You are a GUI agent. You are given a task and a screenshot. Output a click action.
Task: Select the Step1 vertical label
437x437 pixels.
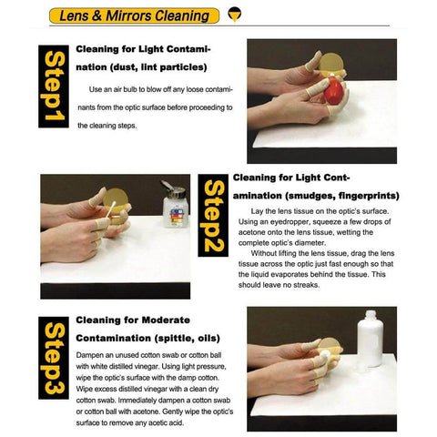(53, 87)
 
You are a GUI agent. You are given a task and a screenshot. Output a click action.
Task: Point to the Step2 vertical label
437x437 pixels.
(213, 219)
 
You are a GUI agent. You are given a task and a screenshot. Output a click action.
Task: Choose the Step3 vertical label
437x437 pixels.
(54, 360)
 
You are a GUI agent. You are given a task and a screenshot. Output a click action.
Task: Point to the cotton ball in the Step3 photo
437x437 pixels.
(323, 347)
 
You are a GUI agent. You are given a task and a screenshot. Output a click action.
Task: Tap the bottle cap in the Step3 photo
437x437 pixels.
(371, 315)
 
